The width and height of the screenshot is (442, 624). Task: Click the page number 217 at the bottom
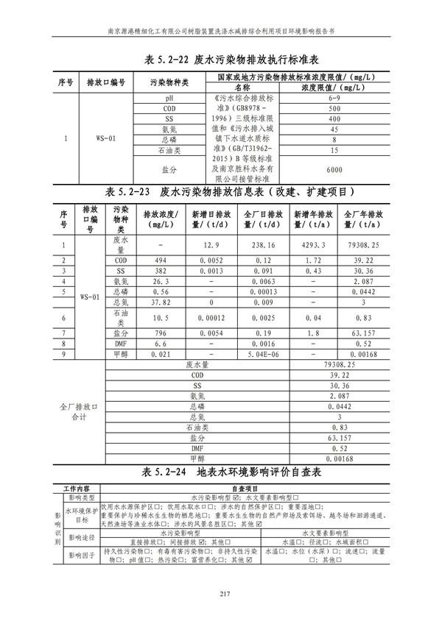221,595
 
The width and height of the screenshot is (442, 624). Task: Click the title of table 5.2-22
221,60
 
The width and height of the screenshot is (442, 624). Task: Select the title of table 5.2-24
221,472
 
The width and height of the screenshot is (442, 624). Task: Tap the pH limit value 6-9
334,97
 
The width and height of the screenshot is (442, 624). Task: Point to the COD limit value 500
334,108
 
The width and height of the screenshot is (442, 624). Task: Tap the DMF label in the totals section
197,447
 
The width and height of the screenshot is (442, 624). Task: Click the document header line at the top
221,32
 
